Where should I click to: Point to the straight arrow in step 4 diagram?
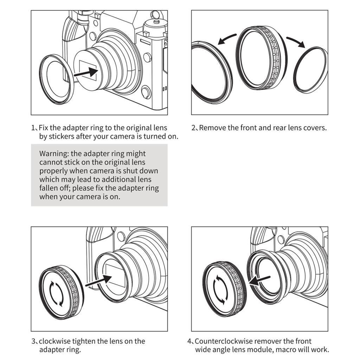(260, 281)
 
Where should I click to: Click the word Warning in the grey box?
(54, 154)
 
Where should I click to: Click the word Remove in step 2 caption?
(212, 128)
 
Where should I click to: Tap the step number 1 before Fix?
(33, 128)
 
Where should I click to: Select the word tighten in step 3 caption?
(84, 341)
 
